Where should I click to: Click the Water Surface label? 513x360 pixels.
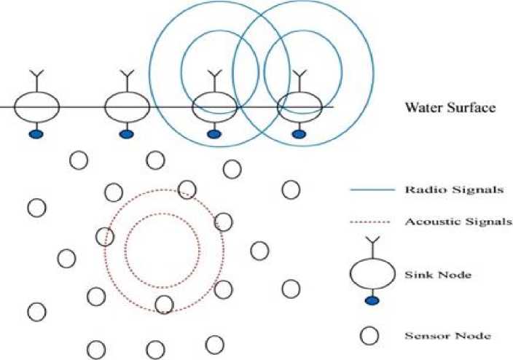pyautogui.click(x=450, y=108)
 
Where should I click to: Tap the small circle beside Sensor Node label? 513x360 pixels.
pyautogui.click(x=371, y=336)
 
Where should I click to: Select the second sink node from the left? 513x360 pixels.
pyautogui.click(x=127, y=107)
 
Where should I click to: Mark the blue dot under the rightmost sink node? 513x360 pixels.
pyautogui.click(x=299, y=133)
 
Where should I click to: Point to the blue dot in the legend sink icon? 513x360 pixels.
pyautogui.click(x=372, y=300)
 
